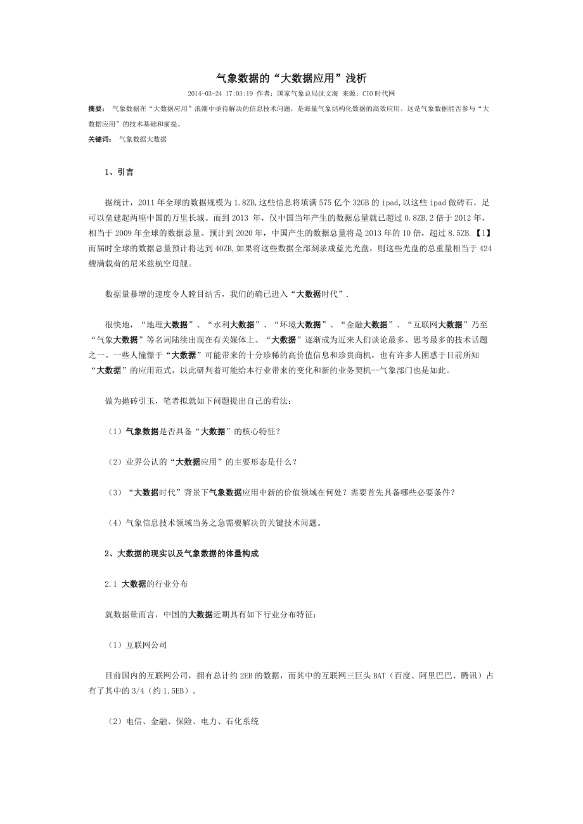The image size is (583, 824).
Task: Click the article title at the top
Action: click(291, 78)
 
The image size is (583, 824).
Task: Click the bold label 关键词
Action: click(99, 139)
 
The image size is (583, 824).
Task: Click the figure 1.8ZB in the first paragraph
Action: click(245, 203)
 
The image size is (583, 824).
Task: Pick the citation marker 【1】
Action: click(484, 233)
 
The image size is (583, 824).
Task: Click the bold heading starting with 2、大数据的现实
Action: click(182, 554)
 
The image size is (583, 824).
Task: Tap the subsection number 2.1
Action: click(111, 584)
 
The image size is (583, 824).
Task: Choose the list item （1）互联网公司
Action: click(136, 645)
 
